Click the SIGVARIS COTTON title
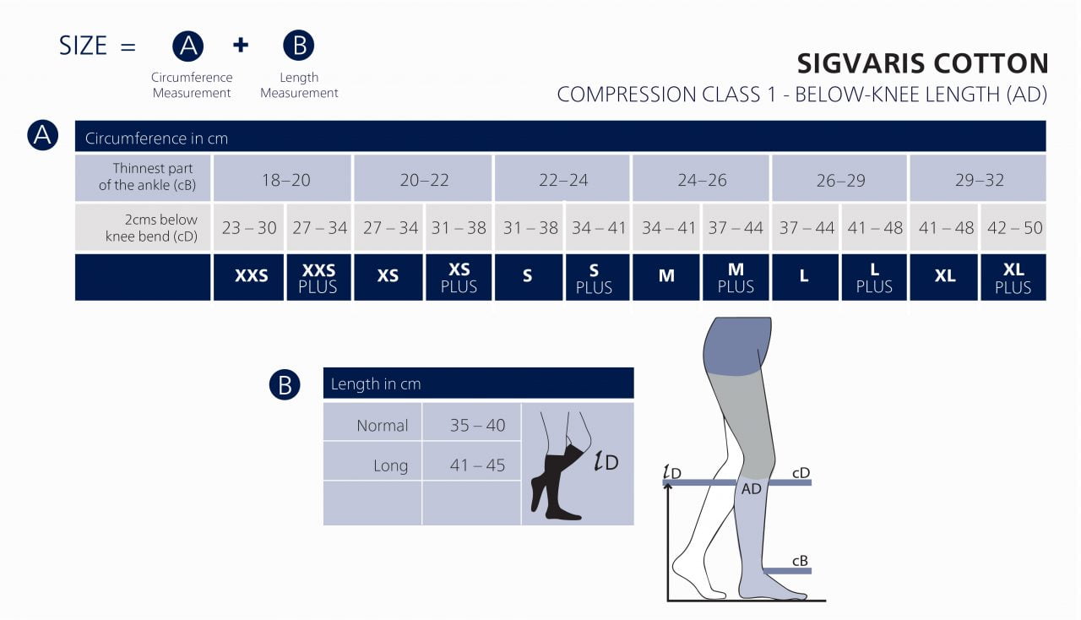click(x=922, y=64)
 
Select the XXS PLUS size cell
click(x=318, y=278)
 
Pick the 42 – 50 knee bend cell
click(x=1013, y=227)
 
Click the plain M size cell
click(x=666, y=276)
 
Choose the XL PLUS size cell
click(x=1013, y=278)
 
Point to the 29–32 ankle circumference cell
click(x=979, y=180)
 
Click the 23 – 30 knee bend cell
click(x=249, y=227)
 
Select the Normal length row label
click(x=382, y=426)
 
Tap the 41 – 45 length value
click(x=477, y=465)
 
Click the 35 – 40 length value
click(x=477, y=426)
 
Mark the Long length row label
click(x=390, y=465)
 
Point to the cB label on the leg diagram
click(x=800, y=560)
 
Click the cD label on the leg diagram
click(x=801, y=472)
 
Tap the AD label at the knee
click(x=751, y=489)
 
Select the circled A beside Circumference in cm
click(x=42, y=135)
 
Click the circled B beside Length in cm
click(x=285, y=385)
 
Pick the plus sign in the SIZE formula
click(x=241, y=45)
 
